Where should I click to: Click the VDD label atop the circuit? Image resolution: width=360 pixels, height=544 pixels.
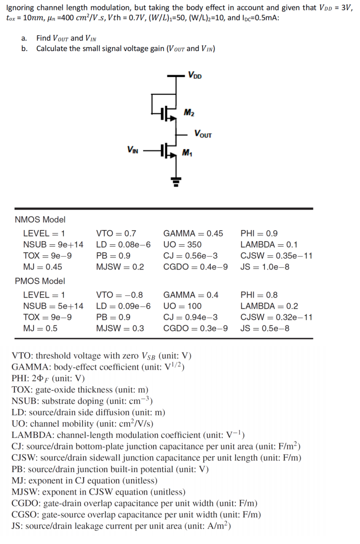[194, 75]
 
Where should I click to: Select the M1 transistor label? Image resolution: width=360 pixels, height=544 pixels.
[187, 154]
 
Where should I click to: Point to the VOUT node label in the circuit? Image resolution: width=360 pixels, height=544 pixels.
[202, 134]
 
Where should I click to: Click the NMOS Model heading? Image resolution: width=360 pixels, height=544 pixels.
[40, 219]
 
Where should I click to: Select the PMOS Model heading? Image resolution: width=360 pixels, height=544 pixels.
[40, 281]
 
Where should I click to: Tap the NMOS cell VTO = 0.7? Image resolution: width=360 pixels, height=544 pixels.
[116, 234]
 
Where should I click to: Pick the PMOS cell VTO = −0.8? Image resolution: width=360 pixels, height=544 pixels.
[119, 295]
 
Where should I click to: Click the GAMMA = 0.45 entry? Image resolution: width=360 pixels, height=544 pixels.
[193, 234]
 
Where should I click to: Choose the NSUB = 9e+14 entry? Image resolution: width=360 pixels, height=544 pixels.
[53, 245]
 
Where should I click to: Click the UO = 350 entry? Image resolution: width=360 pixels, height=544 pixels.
[182, 245]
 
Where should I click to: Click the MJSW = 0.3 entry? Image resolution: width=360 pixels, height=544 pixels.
[120, 329]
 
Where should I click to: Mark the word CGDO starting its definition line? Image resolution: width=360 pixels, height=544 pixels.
[25, 504]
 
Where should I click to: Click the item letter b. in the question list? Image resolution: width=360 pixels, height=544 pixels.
[24, 48]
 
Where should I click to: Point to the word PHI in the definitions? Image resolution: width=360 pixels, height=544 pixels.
[20, 378]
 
